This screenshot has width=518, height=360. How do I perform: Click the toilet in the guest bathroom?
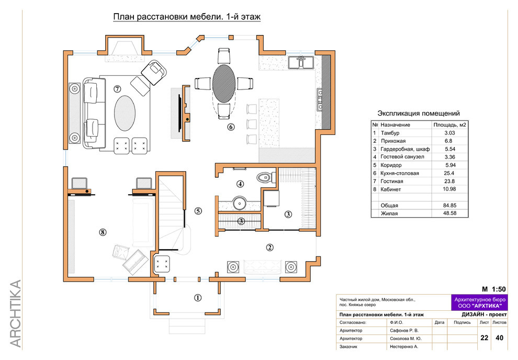pyautogui.click(x=265, y=178)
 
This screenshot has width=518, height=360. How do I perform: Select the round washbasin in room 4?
pyautogui.click(x=239, y=203)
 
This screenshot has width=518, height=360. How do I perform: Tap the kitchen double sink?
pyautogui.click(x=301, y=62)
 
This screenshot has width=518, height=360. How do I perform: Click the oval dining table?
pyautogui.click(x=224, y=83)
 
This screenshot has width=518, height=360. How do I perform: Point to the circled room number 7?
pyautogui.click(x=117, y=88)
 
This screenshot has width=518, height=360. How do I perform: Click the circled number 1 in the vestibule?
pyautogui.click(x=198, y=298)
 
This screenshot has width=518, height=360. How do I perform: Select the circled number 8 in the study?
pyautogui.click(x=103, y=232)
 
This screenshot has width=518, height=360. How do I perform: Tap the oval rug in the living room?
pyautogui.click(x=125, y=113)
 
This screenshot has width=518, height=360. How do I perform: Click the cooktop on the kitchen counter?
pyautogui.click(x=320, y=99)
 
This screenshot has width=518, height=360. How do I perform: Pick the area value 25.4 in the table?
pyautogui.click(x=449, y=173)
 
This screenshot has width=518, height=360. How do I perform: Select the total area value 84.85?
pyautogui.click(x=449, y=206)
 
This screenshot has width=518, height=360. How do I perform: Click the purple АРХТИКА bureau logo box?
pyautogui.click(x=479, y=302)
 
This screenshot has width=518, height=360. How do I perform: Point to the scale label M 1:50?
pyautogui.click(x=493, y=289)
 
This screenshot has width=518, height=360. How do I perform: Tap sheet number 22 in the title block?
pyautogui.click(x=485, y=337)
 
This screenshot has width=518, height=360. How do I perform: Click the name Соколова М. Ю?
pyautogui.click(x=406, y=339)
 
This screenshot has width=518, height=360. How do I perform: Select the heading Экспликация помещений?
pyautogui.click(x=419, y=114)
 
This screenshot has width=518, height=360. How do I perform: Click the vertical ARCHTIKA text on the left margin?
pyautogui.click(x=16, y=314)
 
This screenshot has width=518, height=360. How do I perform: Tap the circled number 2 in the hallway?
pyautogui.click(x=269, y=247)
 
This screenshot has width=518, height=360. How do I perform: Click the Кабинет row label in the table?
pyautogui.click(x=391, y=189)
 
